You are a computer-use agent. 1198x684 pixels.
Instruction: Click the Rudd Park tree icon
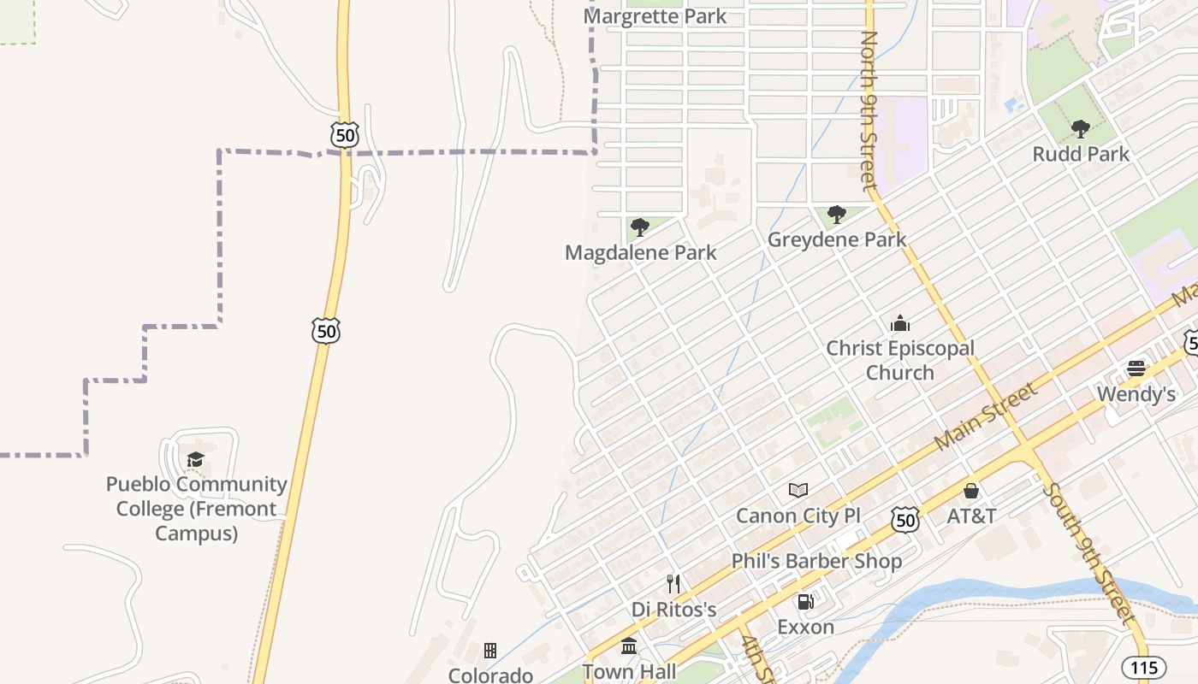pos(1080,129)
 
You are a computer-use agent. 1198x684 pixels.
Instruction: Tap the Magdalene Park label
pos(641,253)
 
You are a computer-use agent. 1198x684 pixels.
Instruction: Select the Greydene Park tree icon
pos(837,215)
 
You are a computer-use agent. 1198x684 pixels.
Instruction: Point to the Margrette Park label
pos(655,16)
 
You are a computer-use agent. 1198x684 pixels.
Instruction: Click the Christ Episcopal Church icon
pos(899,323)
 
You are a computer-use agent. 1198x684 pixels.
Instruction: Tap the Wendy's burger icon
pos(1136,369)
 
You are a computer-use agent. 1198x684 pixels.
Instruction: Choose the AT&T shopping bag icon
pos(971,491)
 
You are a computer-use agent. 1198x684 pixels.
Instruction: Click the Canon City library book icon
pos(798,490)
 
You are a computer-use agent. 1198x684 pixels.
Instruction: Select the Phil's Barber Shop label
pos(816,561)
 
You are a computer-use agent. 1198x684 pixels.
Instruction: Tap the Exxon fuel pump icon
pos(805,601)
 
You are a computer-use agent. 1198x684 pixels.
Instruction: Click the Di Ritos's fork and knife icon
pos(673,584)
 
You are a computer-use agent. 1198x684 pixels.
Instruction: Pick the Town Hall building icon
pos(629,646)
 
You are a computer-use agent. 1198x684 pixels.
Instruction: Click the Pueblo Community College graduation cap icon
pos(196,459)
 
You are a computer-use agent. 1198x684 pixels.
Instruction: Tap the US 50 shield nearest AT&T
pos(904,519)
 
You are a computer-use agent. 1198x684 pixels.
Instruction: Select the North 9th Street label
pos(869,109)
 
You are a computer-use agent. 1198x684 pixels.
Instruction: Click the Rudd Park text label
pos(1081,155)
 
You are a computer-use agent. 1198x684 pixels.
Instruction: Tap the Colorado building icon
pos(490,651)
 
